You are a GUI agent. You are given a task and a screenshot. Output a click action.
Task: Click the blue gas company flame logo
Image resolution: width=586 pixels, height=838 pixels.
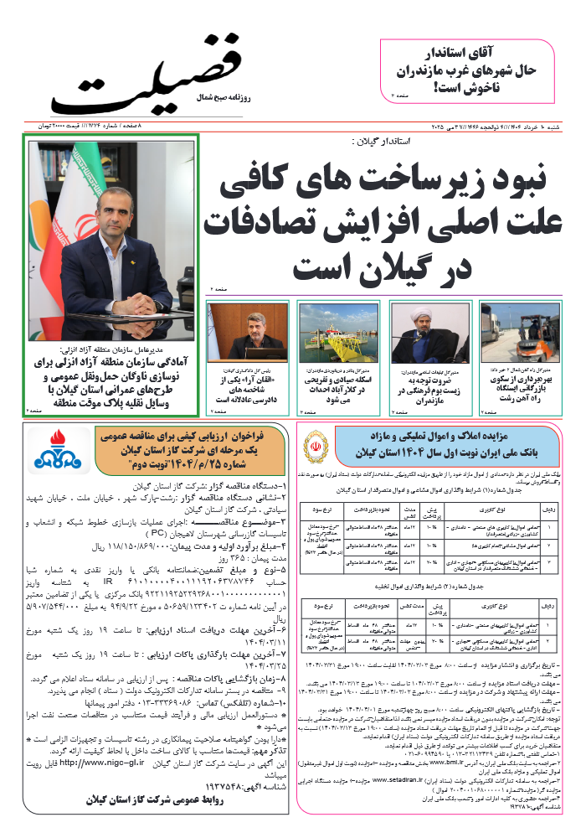point(54,450)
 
